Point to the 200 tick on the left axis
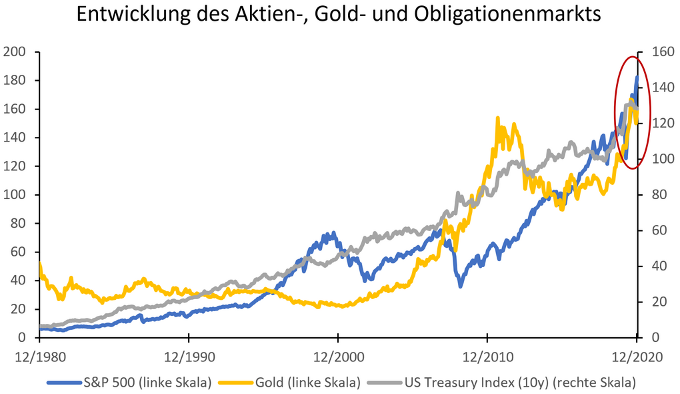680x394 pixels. click(x=14, y=52)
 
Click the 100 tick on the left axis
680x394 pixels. click(x=14, y=195)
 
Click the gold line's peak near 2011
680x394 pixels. click(x=497, y=118)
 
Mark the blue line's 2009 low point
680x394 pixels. click(x=461, y=286)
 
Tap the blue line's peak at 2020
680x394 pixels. click(x=637, y=77)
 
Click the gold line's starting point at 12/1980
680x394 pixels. click(x=40, y=264)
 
